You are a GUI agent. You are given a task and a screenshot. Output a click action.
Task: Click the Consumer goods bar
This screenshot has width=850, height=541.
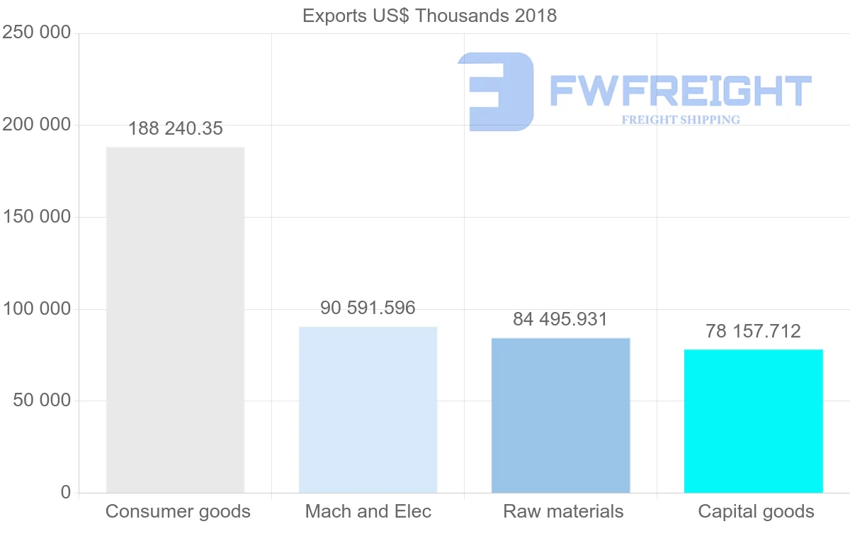coord(175,320)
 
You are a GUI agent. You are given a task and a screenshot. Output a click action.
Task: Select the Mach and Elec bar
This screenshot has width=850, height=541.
coord(368,410)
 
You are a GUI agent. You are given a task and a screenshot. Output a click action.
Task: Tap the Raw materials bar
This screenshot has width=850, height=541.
coord(560,415)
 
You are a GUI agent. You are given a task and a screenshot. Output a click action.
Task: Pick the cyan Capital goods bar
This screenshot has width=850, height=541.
coord(753,421)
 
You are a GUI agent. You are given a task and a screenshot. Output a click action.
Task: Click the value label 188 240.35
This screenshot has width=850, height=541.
coord(175,128)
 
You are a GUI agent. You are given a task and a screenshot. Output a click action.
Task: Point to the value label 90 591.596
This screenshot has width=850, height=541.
coord(368,308)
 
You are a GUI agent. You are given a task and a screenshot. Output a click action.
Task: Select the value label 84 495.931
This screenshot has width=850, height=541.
coord(560,319)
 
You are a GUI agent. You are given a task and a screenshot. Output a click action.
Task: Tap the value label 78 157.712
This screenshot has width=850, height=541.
coord(753,331)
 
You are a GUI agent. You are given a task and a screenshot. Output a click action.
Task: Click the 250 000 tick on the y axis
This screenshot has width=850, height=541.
coord(37,33)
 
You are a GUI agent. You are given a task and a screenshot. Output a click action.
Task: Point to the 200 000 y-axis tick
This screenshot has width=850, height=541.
coord(37,125)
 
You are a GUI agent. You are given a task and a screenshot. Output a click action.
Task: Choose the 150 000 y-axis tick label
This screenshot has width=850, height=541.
coord(37,217)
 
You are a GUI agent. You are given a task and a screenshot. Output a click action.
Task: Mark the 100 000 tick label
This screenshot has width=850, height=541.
coord(37,309)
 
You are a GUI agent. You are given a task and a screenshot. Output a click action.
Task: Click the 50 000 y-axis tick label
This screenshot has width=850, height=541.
coord(42,401)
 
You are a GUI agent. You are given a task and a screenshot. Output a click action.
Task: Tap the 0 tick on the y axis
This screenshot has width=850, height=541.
coord(66,492)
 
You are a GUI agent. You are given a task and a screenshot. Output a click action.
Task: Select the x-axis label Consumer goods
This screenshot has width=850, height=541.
coord(178,511)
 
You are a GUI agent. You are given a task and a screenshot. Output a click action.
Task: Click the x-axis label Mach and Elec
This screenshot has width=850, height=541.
coord(368,511)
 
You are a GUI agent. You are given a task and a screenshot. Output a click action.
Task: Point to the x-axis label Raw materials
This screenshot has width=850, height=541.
coord(563,511)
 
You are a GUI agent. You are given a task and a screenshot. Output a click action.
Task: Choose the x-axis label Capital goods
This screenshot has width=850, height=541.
coord(756,511)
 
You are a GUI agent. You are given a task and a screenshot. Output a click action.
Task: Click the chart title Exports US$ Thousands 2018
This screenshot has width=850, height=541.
coord(429,16)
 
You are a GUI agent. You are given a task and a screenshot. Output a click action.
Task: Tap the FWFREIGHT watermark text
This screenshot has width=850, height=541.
coord(680,91)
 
